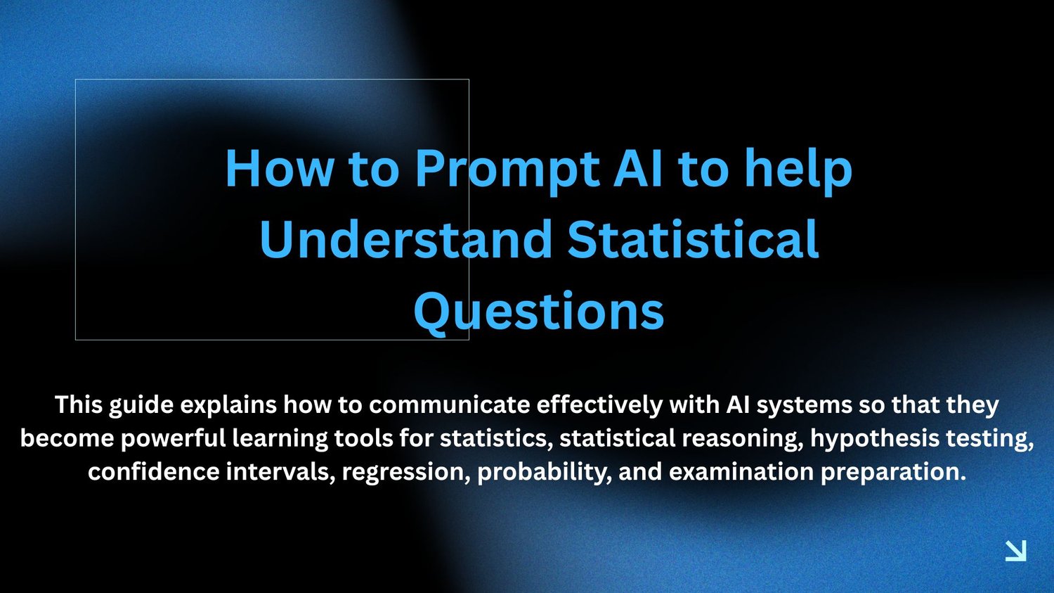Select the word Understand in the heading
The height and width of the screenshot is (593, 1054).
click(x=406, y=239)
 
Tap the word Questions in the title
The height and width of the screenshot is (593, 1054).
click(x=539, y=312)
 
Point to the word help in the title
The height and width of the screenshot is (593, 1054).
click(x=799, y=169)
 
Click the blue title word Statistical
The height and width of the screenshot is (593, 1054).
click(x=693, y=239)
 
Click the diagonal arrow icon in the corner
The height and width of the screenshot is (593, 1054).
click(x=1015, y=551)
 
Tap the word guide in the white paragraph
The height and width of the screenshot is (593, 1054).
click(x=141, y=406)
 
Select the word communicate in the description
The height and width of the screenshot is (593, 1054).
click(x=450, y=405)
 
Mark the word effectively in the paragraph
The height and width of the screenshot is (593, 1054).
click(x=599, y=406)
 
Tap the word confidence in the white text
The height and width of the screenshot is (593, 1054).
click(x=153, y=472)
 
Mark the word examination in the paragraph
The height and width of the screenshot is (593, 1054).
click(x=741, y=472)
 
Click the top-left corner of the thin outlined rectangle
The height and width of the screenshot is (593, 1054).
click(x=75, y=79)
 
